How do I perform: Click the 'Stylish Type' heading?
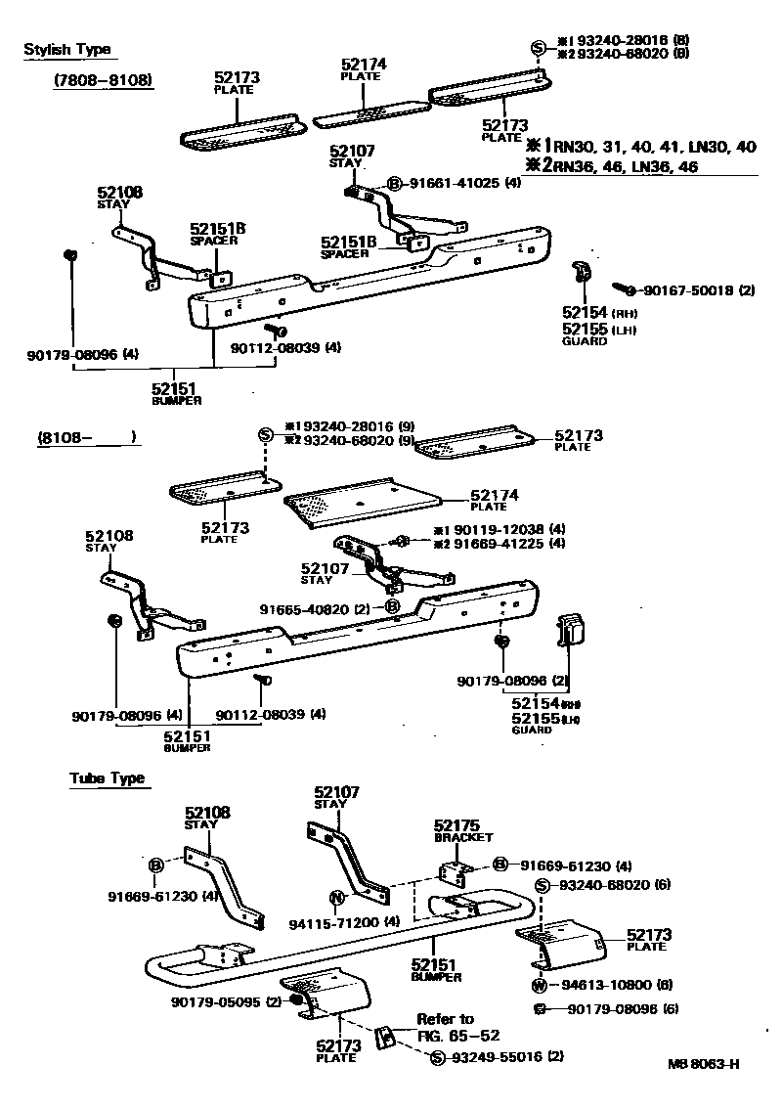coord(66,50)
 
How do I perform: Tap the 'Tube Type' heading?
coord(107,778)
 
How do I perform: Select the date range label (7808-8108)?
coord(104,80)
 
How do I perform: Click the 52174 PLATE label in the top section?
coord(364,70)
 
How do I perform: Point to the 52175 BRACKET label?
coord(463,831)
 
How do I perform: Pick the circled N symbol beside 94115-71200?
coord(336,897)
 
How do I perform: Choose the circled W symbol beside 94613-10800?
coord(539,985)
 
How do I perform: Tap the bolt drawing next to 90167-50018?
coord(624,289)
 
